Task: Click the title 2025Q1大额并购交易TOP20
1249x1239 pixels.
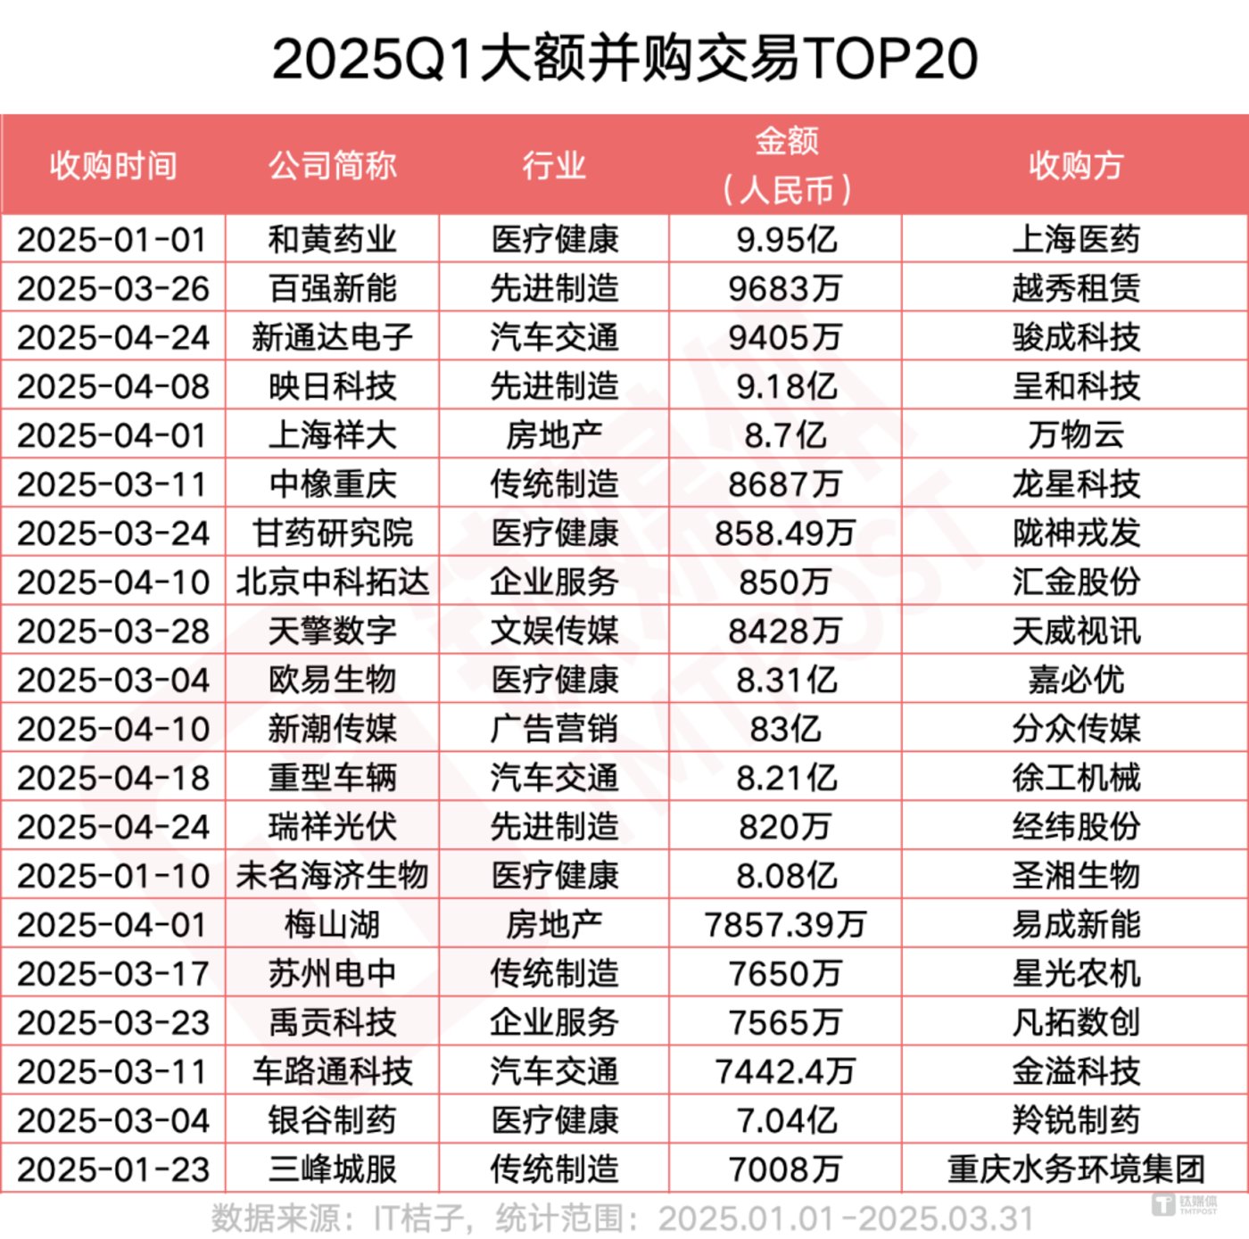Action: tap(624, 59)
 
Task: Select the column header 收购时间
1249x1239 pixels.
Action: tap(113, 166)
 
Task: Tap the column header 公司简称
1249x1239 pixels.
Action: tap(333, 166)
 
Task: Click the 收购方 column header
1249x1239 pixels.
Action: tap(1076, 166)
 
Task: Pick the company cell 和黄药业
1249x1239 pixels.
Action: tap(333, 239)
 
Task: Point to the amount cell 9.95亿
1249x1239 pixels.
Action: tap(786, 239)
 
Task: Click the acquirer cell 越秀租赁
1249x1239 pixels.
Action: tap(1076, 288)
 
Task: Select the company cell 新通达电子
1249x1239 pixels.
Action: tap(333, 337)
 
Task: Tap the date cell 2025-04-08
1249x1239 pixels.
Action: tap(113, 386)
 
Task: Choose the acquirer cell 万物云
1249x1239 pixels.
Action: tap(1076, 435)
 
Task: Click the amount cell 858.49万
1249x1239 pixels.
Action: tap(786, 533)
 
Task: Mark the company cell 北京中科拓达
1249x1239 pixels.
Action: tap(333, 582)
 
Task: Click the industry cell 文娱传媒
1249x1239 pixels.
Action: tap(554, 632)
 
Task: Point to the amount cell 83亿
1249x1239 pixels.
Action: tap(786, 729)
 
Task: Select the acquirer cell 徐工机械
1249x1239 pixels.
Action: tap(1076, 778)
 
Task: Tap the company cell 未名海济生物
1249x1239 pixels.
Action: tap(333, 876)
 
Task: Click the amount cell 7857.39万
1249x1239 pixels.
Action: tap(786, 925)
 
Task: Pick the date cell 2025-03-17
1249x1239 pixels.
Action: tap(113, 974)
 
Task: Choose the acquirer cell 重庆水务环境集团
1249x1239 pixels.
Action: tap(1076, 1169)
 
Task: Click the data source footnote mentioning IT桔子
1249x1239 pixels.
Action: tap(623, 1218)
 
